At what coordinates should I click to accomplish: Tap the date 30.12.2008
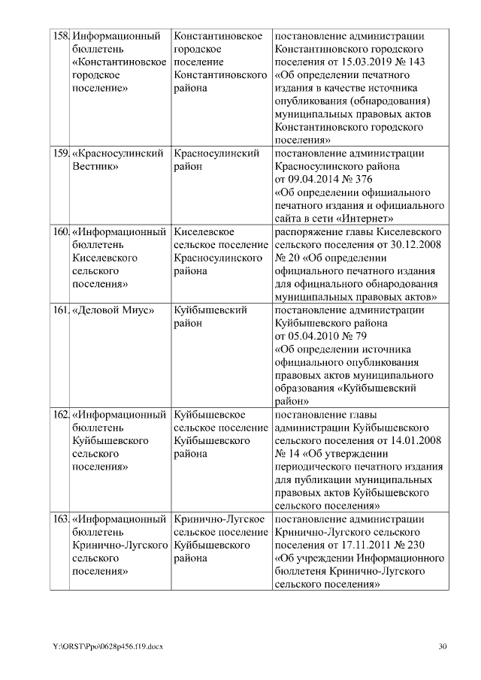[x=419, y=245]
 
